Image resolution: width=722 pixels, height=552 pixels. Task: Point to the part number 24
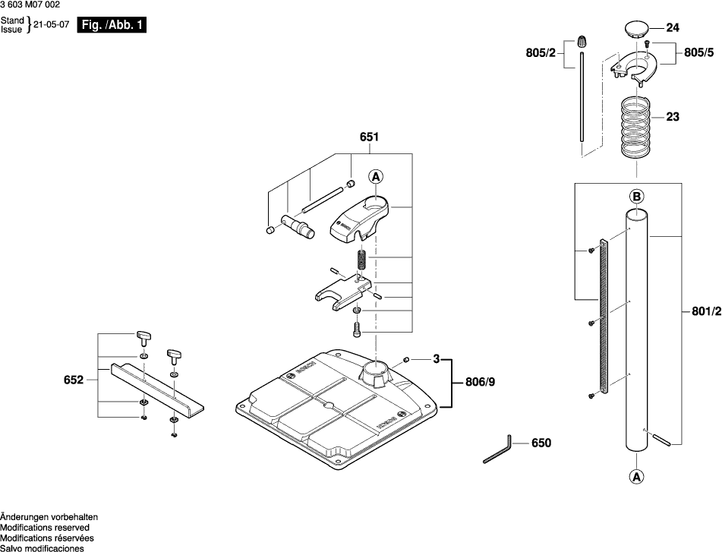click(672, 28)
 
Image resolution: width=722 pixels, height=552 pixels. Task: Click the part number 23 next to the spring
click(672, 118)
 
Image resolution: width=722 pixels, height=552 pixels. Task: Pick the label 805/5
click(698, 53)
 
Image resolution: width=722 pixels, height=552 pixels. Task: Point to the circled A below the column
click(636, 478)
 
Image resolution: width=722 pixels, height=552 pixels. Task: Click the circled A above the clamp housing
click(376, 177)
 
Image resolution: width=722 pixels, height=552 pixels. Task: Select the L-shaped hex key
click(498, 451)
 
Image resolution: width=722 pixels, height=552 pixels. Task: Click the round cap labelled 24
click(636, 30)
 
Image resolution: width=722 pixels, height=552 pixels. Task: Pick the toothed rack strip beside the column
click(604, 317)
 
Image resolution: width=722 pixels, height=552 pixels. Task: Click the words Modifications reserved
click(45, 527)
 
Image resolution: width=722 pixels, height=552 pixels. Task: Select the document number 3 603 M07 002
click(31, 5)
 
